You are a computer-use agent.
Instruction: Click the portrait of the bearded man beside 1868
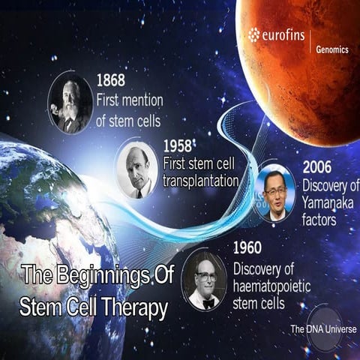tap(70, 103)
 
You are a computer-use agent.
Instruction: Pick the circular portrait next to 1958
tap(136, 169)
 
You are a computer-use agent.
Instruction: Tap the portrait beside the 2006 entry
tap(274, 192)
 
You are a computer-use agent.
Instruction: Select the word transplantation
tap(200, 181)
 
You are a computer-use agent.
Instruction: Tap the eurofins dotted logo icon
tap(254, 34)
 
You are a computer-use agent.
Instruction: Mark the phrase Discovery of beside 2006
tap(331, 184)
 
